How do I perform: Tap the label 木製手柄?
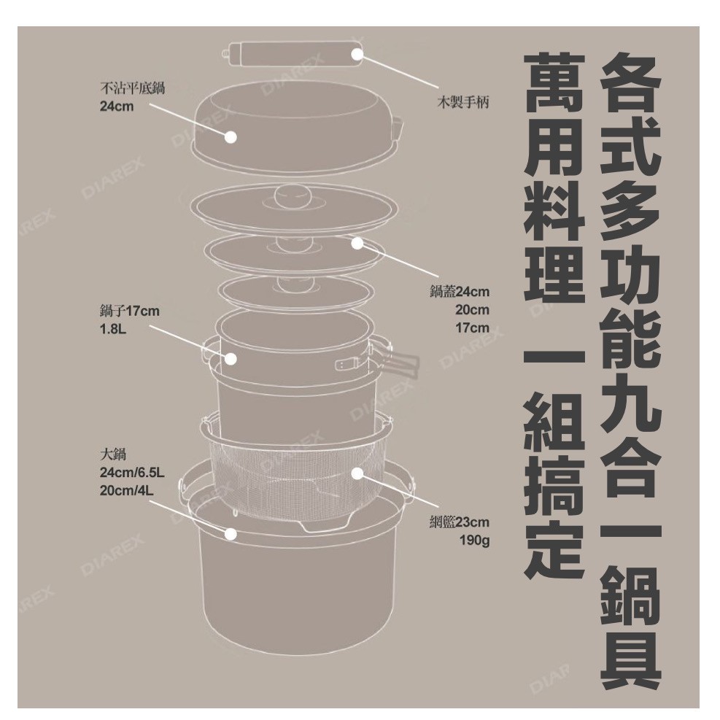coord(462,102)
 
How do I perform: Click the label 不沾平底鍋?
coord(132,88)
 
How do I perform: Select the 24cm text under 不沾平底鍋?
coord(117,107)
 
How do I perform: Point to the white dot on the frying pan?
coord(231,136)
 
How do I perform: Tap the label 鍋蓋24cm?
coord(459,292)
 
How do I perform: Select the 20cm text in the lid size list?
coord(472,310)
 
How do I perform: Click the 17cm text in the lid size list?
coord(472,328)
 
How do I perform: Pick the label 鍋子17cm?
coord(130,311)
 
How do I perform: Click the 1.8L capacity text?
coord(113,329)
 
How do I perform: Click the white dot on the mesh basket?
coord(357,473)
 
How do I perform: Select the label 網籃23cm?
coord(459,522)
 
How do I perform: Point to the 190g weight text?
coord(475,541)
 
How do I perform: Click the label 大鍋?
coord(113,454)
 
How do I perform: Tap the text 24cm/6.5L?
coord(132,473)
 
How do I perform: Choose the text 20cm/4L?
coord(127,490)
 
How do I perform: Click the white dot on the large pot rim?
coord(231,533)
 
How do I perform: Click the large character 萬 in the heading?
coord(554,83)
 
